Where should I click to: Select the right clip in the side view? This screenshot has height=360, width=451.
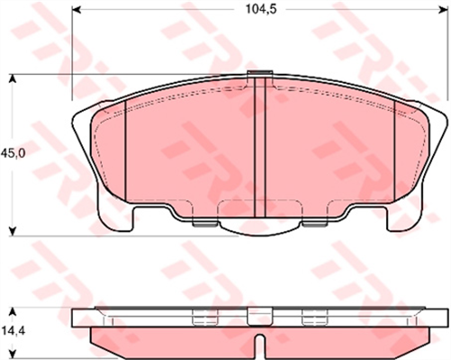tap(313, 315)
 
